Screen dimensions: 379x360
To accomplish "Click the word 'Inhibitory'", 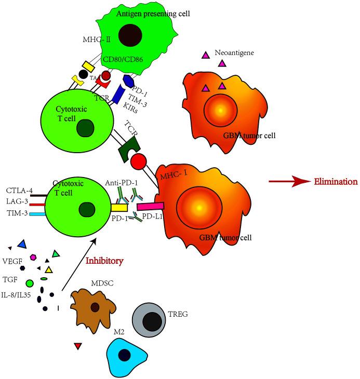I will click(104, 261).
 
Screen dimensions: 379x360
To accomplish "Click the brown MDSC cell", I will click(94, 307).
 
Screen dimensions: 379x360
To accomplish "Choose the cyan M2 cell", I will click(125, 354).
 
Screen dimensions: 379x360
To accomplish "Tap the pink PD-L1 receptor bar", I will click(150, 207).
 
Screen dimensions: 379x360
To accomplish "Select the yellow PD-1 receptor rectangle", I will click(119, 208).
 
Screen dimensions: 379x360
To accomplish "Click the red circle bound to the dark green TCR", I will click(139, 161).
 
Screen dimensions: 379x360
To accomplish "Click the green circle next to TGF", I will click(30, 283).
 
